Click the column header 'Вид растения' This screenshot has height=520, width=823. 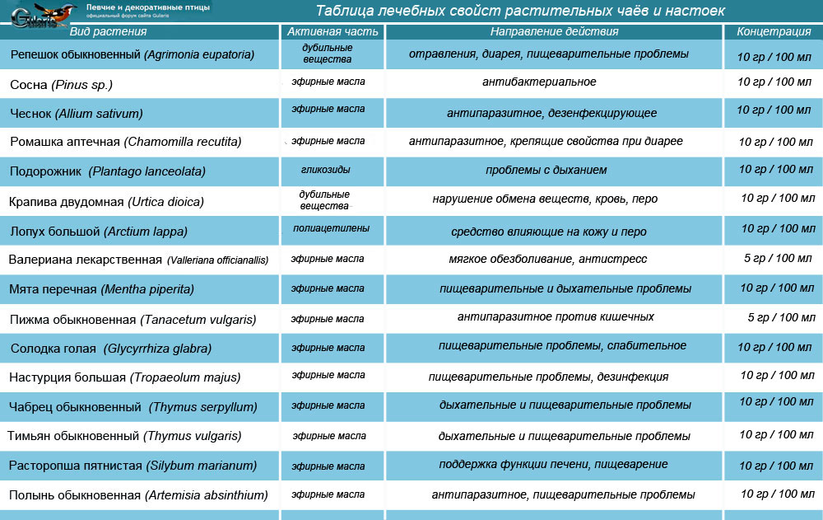coord(109,32)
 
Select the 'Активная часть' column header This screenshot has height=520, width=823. coord(333,32)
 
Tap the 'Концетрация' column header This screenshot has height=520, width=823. coord(774,32)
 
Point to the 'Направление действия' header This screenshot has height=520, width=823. coord(554,32)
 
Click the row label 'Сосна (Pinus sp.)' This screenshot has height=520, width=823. coord(61,84)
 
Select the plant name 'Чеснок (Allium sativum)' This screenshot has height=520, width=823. coord(77,114)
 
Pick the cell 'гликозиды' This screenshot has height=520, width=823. coord(327,170)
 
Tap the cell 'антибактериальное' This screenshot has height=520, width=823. coord(539,82)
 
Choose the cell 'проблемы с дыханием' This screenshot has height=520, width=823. coord(546,171)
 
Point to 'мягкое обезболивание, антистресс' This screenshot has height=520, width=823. coord(548,259)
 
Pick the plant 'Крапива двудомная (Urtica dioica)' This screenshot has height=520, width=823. coord(106,201)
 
